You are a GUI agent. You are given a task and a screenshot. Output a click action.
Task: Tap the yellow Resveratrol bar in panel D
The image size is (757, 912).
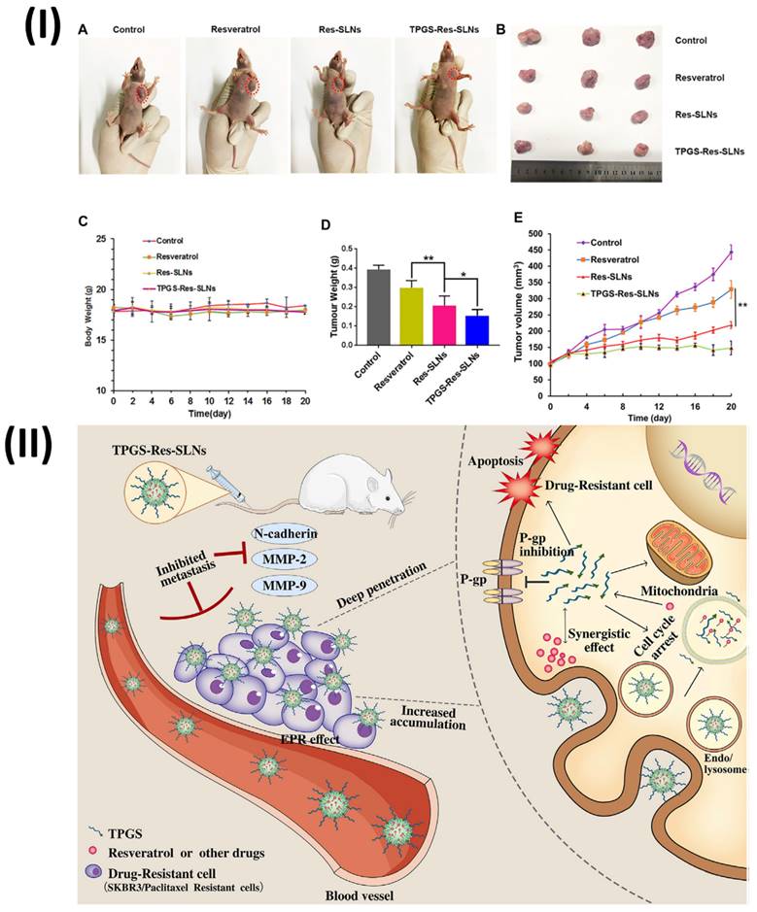[396, 316]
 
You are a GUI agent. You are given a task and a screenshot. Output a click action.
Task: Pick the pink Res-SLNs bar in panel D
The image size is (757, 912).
[425, 324]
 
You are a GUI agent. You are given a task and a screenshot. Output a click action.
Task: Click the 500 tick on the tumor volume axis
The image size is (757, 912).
[536, 234]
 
